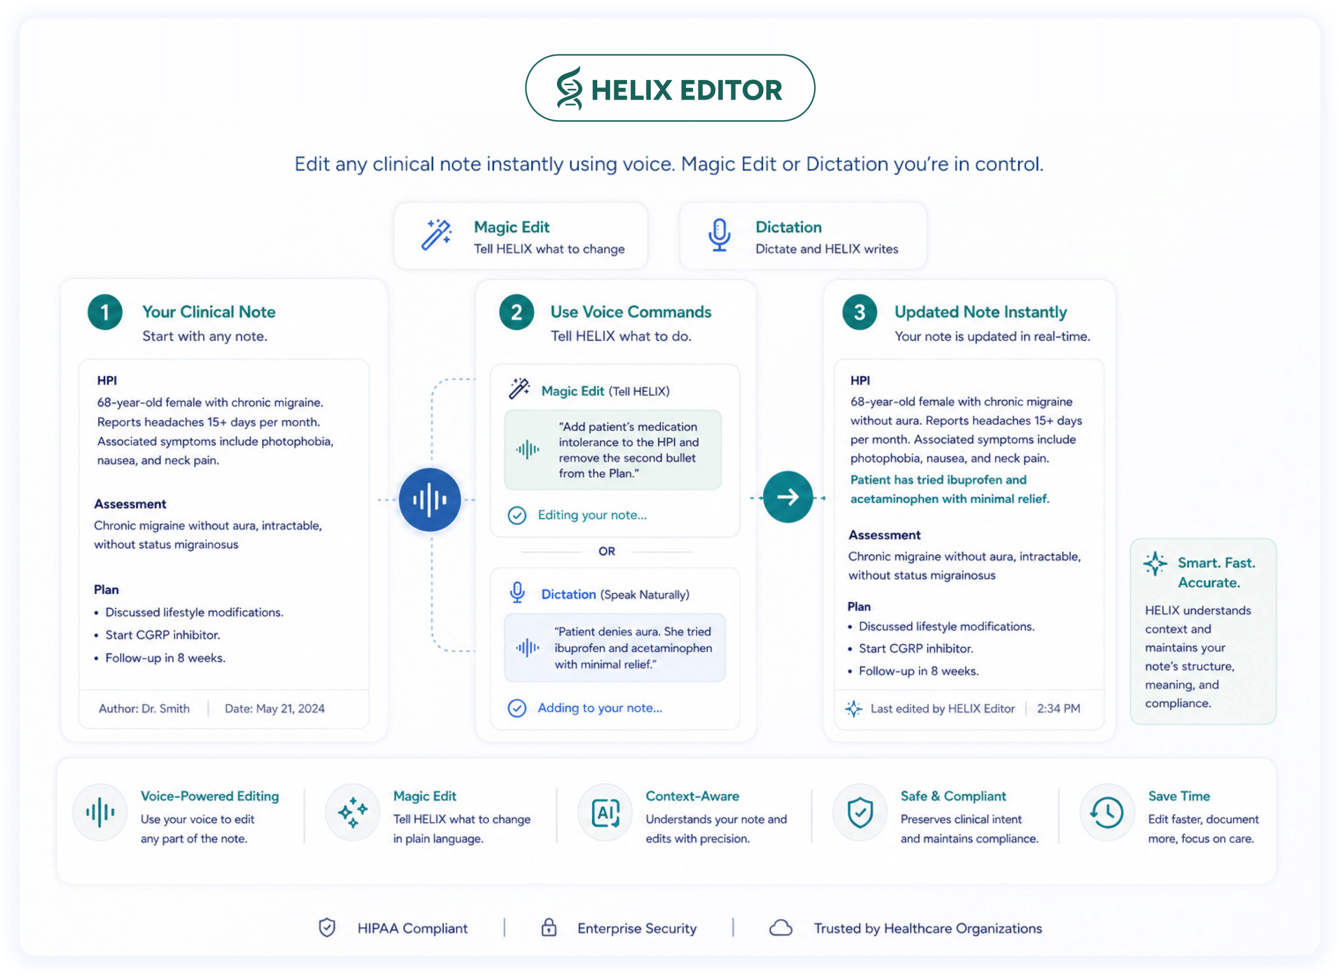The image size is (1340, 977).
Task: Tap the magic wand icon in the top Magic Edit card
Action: [x=437, y=235]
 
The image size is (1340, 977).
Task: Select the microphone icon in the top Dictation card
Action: [x=719, y=235]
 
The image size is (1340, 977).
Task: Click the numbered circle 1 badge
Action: [x=105, y=312]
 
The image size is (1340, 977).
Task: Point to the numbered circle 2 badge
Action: [x=516, y=312]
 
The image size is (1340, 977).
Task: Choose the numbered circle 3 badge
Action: [x=859, y=312]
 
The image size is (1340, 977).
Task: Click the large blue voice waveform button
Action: [x=430, y=500]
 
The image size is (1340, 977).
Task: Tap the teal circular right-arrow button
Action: [x=787, y=497]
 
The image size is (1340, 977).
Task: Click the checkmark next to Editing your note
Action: [x=517, y=515]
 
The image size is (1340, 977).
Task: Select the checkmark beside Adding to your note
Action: [x=517, y=708]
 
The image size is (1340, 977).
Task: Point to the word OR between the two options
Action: [x=606, y=551]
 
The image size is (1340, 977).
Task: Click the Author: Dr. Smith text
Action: [x=144, y=709]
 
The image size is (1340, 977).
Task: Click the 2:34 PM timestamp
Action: [x=1058, y=709]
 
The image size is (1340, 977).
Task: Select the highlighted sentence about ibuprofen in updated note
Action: [x=950, y=489]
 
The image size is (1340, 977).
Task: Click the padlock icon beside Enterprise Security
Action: [x=549, y=927]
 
